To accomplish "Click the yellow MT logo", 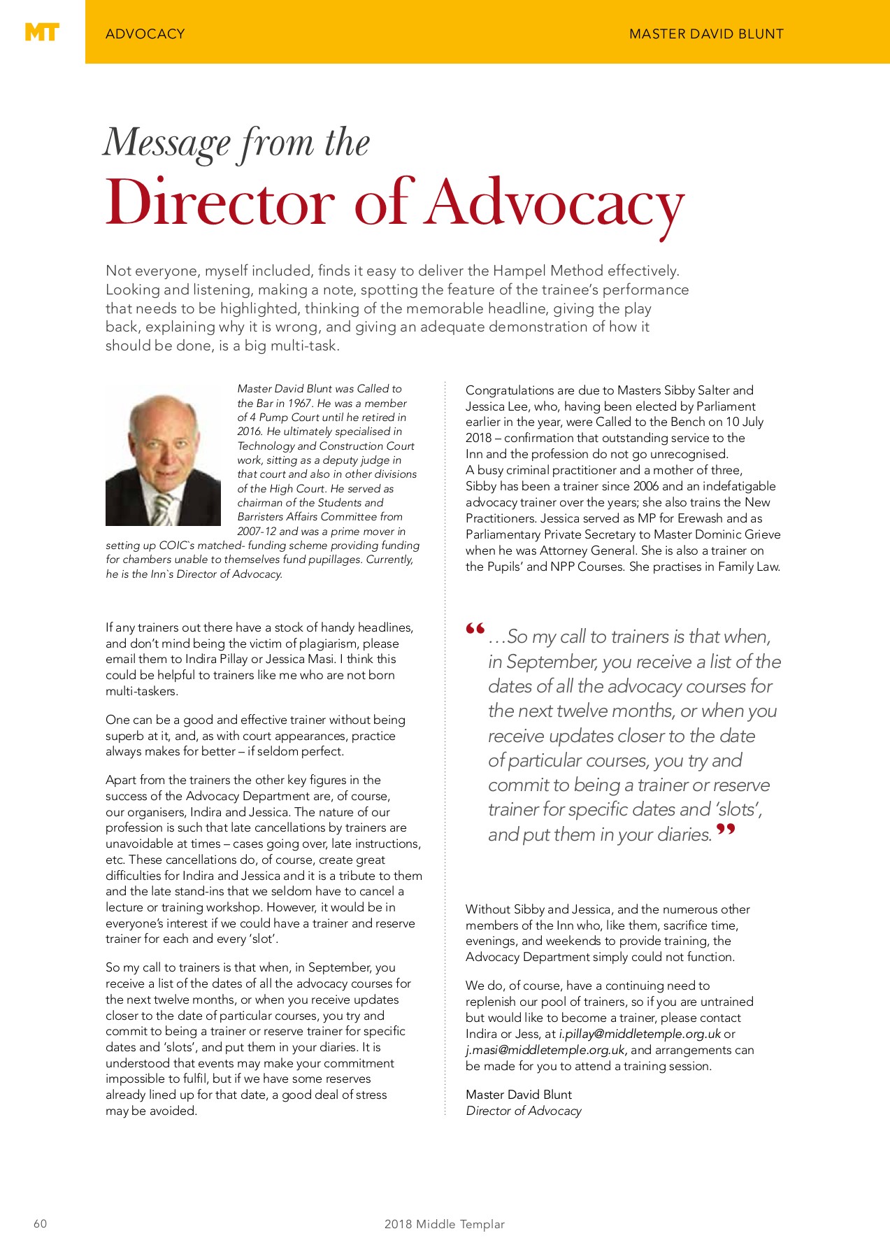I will point(42,32).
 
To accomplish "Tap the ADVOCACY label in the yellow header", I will point(145,34).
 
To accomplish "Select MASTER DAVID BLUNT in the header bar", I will point(706,34).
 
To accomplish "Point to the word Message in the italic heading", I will point(167,143).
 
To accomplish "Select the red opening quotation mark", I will point(475,629).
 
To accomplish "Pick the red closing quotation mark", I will point(726,831).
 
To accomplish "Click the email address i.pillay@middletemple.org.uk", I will point(639,1034).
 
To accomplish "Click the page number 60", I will point(41,1223).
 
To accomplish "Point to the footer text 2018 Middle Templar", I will point(444,1224).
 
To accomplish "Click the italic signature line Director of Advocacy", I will point(523,1111).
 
